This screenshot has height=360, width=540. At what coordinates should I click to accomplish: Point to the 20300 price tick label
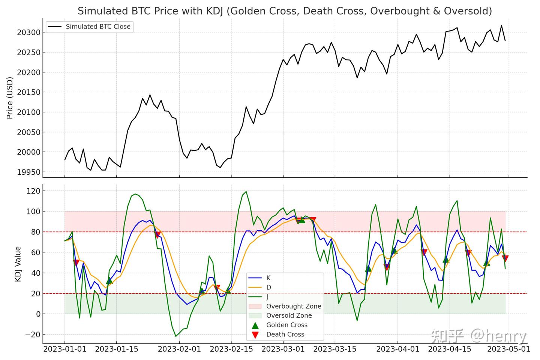(x=28, y=33)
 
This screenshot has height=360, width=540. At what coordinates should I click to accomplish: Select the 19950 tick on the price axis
(x=28, y=172)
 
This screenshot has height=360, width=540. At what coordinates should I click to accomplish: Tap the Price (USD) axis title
(x=10, y=98)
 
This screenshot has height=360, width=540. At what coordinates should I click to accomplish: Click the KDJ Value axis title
(x=18, y=264)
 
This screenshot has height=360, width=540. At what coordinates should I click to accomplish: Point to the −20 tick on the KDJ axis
(x=32, y=334)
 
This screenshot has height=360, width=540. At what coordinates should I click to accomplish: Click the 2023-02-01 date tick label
(x=179, y=349)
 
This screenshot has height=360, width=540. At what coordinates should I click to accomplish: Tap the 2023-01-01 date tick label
(x=65, y=349)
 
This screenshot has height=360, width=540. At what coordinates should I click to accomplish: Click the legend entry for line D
(x=268, y=288)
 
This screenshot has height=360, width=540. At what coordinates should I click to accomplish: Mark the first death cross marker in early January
(x=76, y=262)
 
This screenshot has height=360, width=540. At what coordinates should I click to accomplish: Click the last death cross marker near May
(x=505, y=258)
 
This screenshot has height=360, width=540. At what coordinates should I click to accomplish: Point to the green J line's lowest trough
(x=175, y=336)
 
